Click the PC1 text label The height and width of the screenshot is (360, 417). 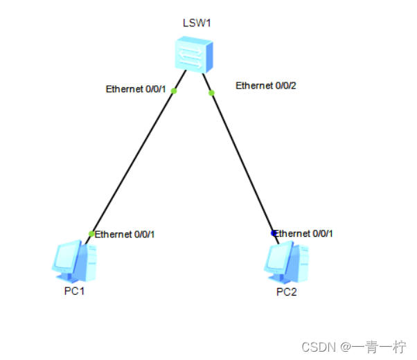(74, 291)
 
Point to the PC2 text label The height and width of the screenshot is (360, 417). (286, 291)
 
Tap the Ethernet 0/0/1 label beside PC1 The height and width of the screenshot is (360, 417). (125, 234)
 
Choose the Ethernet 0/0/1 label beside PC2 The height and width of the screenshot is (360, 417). (305, 233)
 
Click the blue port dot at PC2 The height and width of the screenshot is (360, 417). (274, 233)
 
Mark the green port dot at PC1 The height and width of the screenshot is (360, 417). (91, 233)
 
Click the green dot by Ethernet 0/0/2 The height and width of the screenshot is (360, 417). (212, 93)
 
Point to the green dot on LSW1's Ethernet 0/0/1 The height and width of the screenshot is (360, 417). (174, 91)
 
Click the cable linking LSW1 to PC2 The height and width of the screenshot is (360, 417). (242, 161)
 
